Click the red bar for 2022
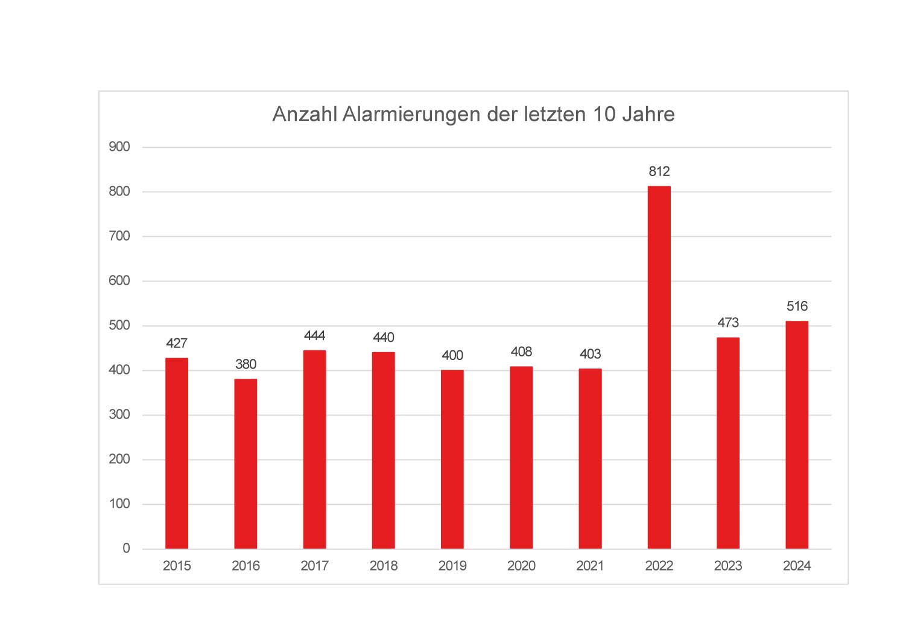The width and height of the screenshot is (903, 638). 659,367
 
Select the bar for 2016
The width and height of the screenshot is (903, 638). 246,464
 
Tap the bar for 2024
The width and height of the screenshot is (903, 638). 796,435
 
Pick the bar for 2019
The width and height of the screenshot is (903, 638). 452,459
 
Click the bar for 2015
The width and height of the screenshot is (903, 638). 177,453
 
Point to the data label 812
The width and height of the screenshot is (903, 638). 659,172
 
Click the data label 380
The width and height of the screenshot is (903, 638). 246,364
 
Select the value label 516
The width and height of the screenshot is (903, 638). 797,306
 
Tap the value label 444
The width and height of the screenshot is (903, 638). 314,335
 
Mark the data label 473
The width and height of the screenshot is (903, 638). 728,323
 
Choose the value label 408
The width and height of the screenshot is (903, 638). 521,352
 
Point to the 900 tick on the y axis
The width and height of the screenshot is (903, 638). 119,147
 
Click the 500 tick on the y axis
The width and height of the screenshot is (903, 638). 119,326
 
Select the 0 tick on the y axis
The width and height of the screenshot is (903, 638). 126,549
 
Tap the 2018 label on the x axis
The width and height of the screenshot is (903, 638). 383,566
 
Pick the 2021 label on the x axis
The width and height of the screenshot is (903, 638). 590,566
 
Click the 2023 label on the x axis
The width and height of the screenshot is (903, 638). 728,566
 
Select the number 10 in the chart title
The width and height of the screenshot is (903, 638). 603,114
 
